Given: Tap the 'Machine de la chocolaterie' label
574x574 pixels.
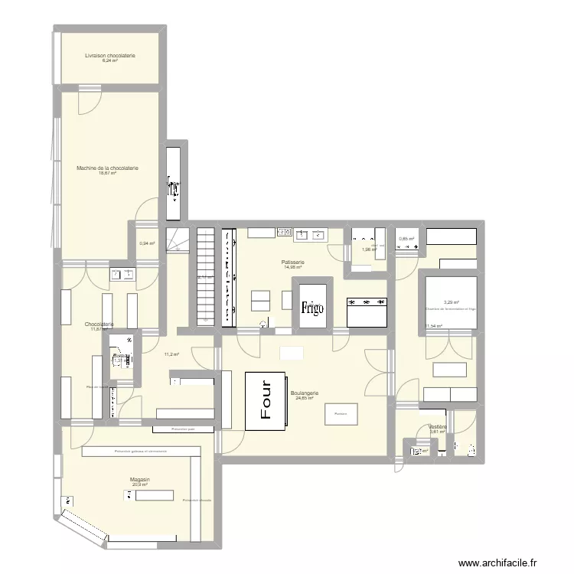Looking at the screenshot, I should click(x=107, y=168).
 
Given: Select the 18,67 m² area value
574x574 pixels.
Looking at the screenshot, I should click(x=107, y=174).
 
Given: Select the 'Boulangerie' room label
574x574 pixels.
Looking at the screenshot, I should click(x=305, y=393).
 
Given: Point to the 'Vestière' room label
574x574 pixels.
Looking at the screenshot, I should click(x=438, y=426).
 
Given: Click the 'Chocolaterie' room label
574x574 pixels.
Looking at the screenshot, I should click(x=100, y=324).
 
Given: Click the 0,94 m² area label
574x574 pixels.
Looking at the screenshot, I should click(x=146, y=244).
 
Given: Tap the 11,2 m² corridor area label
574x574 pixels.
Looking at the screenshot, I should click(x=171, y=354).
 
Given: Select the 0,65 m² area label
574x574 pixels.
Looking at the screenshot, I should click(x=406, y=239).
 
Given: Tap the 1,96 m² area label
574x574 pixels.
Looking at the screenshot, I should click(x=370, y=249).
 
